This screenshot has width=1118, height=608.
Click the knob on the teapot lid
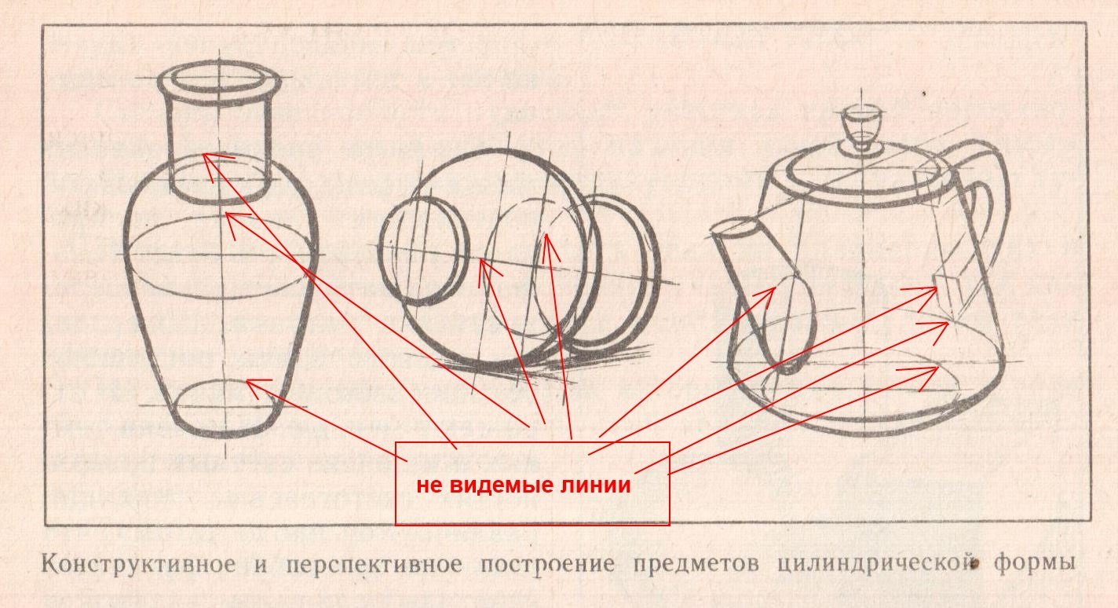pyautogui.click(x=862, y=126)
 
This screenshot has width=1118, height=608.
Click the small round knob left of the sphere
pyautogui.click(x=424, y=250)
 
